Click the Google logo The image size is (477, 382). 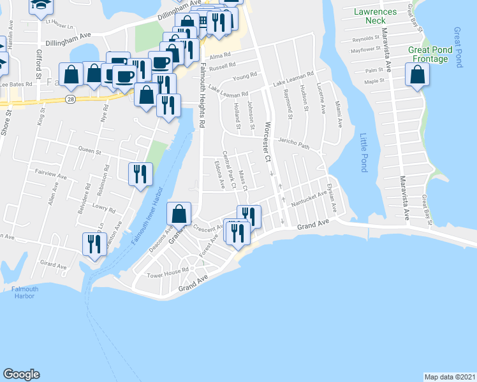pyautogui.click(x=21, y=374)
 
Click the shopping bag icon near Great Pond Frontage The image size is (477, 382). pyautogui.click(x=418, y=75)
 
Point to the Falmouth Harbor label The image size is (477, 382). pyautogui.click(x=25, y=293)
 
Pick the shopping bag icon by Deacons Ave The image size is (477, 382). pyautogui.click(x=179, y=213)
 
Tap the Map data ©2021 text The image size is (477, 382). pyautogui.click(x=450, y=376)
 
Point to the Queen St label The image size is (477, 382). pyautogui.click(x=90, y=152)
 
